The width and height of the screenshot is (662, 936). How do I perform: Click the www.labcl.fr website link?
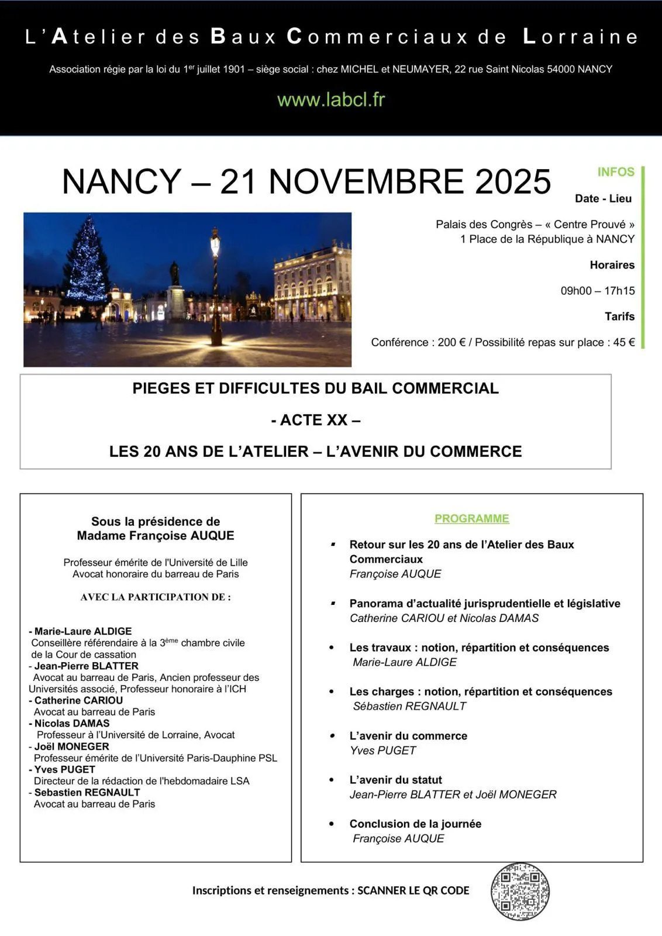331,99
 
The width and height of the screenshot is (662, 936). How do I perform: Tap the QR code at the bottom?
519,891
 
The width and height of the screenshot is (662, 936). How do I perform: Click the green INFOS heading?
615,172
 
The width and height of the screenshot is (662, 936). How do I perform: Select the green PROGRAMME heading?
471,518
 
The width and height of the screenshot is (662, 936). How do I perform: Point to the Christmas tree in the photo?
88,260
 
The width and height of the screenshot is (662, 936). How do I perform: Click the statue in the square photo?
174,275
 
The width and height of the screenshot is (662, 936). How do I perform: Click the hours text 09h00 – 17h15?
597,291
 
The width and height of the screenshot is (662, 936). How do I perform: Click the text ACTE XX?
316,420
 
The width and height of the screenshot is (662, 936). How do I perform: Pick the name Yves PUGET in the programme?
382,751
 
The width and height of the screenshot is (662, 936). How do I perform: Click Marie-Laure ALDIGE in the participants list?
82,631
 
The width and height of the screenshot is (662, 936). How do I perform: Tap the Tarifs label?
619,316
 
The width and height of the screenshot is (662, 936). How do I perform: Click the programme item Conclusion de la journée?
415,824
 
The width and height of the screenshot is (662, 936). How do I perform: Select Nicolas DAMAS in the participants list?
71,723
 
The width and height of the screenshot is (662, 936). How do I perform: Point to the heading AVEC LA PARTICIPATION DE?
156,597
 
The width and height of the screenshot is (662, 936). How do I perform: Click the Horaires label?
612,265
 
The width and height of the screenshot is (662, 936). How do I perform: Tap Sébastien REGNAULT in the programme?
409,706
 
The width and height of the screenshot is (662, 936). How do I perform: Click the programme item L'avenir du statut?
395,780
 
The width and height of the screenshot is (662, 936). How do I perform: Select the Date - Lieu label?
603,198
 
